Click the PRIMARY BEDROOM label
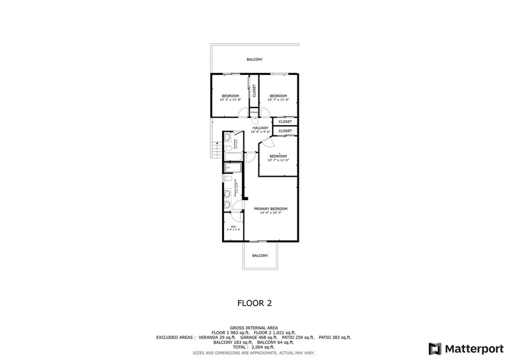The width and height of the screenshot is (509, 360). coord(270,209)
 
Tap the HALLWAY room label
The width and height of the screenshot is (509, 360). coord(260,128)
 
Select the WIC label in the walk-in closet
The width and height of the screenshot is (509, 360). coord(233,226)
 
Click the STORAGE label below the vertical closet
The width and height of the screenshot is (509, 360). coord(254,113)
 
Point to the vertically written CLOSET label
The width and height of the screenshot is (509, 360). coord(254,90)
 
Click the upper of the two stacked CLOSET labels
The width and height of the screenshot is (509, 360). coord(285,122)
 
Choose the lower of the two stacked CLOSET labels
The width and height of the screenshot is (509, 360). coord(285,131)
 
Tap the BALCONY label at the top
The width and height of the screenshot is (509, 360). coord(254,60)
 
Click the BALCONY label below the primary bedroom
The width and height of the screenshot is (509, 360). coord(260,256)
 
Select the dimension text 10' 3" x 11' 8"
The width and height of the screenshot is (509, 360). coord(230,99)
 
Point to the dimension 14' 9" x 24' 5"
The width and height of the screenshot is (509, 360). coord(270,213)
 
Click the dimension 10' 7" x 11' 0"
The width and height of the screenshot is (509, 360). coord(278,160)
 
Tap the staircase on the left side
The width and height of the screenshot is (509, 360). coord(216,149)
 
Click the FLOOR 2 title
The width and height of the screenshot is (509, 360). coord(254,303)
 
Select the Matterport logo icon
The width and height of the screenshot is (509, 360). coord(435,348)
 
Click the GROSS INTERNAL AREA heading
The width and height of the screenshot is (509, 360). coord(254,328)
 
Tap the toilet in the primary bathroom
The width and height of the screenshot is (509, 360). coord(227,178)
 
